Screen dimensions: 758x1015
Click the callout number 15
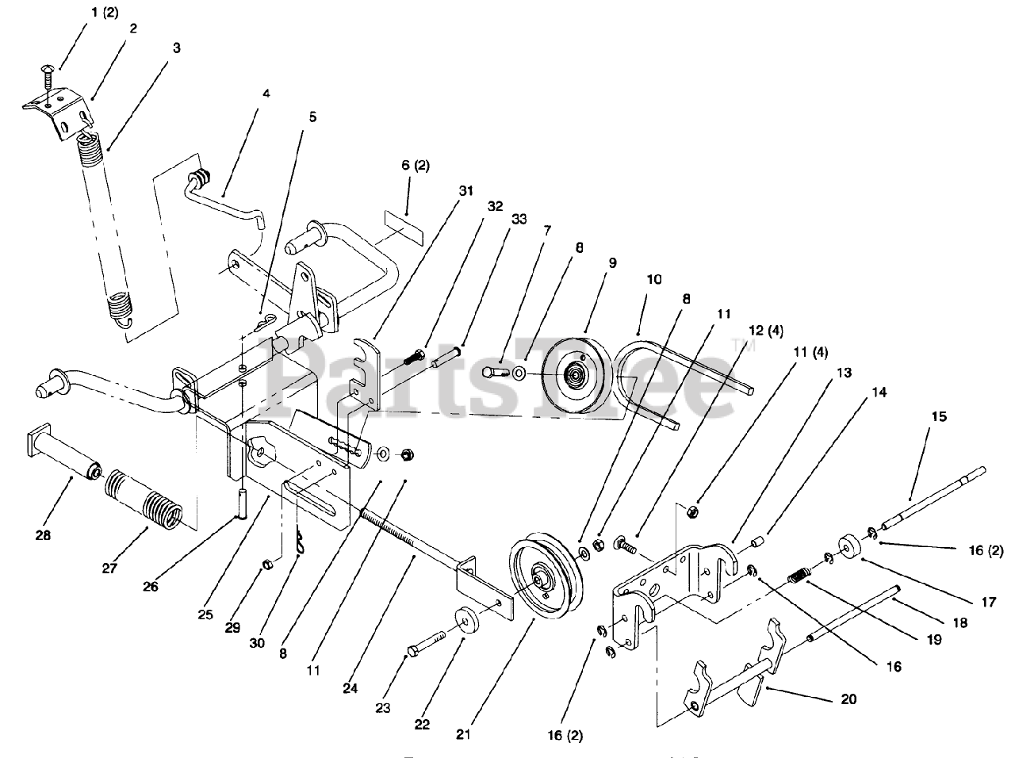[939, 416]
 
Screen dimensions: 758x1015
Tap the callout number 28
[43, 535]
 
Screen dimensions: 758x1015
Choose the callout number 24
[350, 688]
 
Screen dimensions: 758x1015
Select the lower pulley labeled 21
[546, 583]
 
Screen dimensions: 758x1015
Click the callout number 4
[266, 93]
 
